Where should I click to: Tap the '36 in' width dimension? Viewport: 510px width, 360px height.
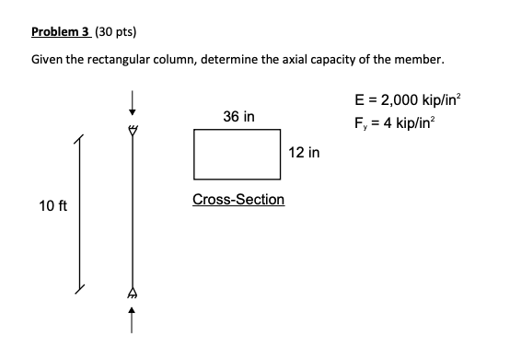click(x=239, y=117)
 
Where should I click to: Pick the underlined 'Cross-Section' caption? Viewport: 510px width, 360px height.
click(x=238, y=200)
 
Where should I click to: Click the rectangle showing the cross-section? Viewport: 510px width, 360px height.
click(x=238, y=154)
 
